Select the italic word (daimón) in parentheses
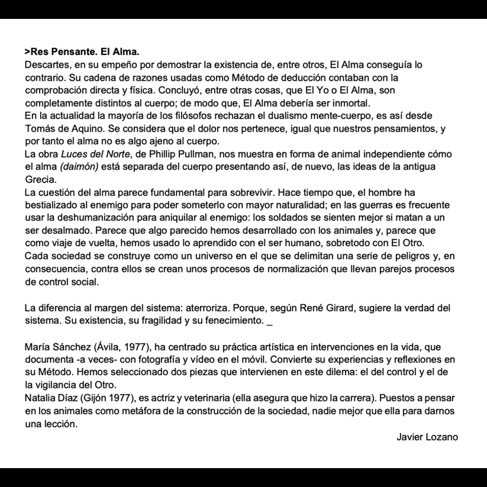point(80,167)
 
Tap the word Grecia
point(39,179)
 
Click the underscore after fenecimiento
point(270,321)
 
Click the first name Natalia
point(42,398)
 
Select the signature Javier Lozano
point(427,437)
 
